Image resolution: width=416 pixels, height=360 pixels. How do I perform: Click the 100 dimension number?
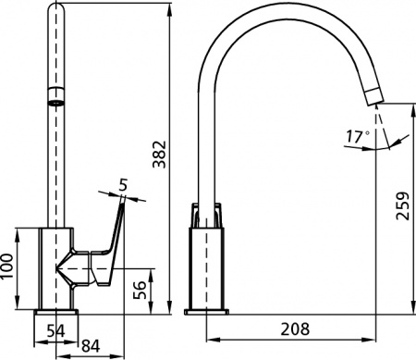tap(7, 267)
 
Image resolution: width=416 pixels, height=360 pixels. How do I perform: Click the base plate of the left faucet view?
tap(55, 315)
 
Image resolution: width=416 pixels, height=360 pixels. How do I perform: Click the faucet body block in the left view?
tap(46, 268)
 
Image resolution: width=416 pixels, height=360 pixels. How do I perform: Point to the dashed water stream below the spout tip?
tap(376, 120)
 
